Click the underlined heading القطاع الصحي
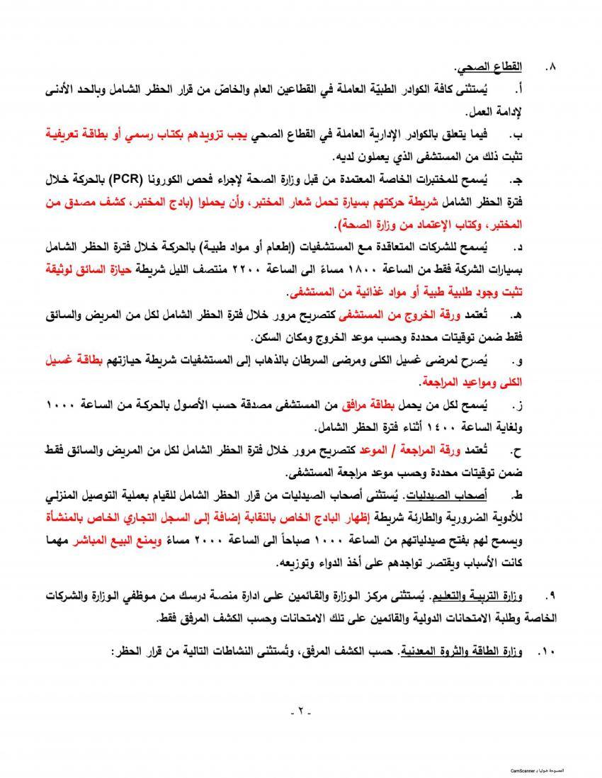(x=489, y=68)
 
